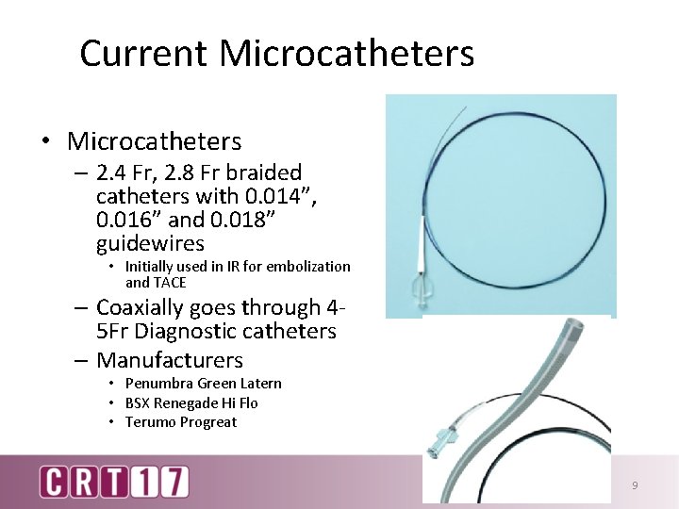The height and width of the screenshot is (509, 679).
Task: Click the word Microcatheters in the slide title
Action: [347, 54]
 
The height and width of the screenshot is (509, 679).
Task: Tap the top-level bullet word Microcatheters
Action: [154, 142]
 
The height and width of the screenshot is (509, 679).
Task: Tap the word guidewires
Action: [150, 244]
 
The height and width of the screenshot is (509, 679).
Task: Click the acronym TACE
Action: [170, 283]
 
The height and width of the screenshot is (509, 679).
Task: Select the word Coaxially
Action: [165, 308]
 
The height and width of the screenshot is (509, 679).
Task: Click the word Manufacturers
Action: [170, 361]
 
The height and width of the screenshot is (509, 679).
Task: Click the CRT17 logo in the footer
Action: [114, 482]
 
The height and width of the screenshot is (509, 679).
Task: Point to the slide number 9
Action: [635, 485]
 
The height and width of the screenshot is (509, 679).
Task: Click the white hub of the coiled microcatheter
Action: [417, 270]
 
